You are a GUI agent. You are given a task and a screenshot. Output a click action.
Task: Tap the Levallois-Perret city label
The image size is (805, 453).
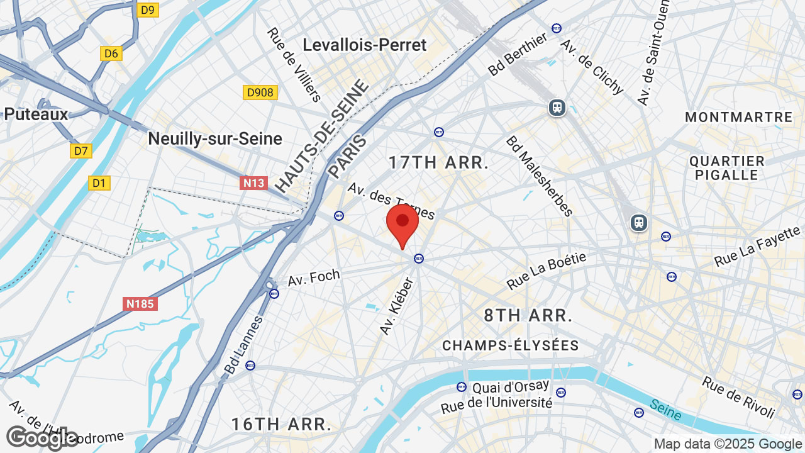pyautogui.click(x=364, y=45)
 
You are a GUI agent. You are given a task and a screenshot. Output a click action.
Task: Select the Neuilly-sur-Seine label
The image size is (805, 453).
pyautogui.click(x=215, y=138)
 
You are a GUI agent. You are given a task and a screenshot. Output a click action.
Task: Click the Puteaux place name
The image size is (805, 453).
pyautogui.click(x=36, y=114)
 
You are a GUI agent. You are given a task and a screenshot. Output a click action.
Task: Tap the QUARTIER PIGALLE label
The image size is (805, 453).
pyautogui.click(x=726, y=168)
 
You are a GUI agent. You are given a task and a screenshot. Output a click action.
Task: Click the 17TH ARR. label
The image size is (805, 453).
pyautogui.click(x=438, y=162)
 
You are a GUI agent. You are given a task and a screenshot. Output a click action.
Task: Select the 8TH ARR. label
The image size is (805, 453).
pyautogui.click(x=528, y=315)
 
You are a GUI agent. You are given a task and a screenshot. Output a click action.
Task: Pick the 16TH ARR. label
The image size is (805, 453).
pyautogui.click(x=281, y=424)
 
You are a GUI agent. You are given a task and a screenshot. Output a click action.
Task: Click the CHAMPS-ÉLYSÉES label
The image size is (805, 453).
pyautogui.click(x=510, y=345)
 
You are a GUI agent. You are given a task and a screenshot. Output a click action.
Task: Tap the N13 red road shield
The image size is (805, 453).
pyautogui.click(x=253, y=183)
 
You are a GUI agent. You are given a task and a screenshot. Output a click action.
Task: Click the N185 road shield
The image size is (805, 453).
pyautogui.click(x=140, y=304)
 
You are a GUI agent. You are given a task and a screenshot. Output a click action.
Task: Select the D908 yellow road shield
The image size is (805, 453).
pyautogui.click(x=260, y=92)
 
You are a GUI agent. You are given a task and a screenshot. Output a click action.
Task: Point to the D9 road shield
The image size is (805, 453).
pyautogui.click(x=148, y=9)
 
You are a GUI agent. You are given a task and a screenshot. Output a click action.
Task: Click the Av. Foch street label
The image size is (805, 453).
pyautogui.click(x=314, y=277)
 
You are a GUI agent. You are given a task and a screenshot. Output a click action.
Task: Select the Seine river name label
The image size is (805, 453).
pyautogui.click(x=665, y=410)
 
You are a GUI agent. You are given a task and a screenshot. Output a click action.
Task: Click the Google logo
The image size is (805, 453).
pyautogui.click(x=42, y=438)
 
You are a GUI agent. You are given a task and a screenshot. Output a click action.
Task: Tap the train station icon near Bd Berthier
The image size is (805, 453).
pyautogui.click(x=557, y=108)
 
